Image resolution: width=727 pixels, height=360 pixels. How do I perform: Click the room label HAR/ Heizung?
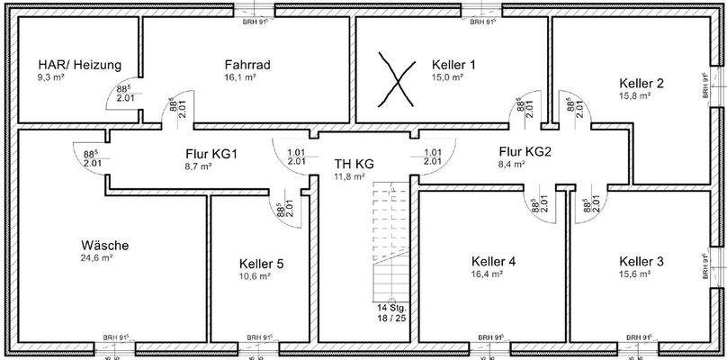(x=79, y=66)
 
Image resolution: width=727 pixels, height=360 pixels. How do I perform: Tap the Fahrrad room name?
(x=247, y=65)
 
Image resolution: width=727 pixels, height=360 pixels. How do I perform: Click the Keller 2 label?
(x=642, y=84)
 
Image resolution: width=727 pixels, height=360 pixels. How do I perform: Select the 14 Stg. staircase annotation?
(x=390, y=308)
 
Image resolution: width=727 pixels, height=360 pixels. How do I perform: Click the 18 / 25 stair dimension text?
(x=390, y=319)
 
